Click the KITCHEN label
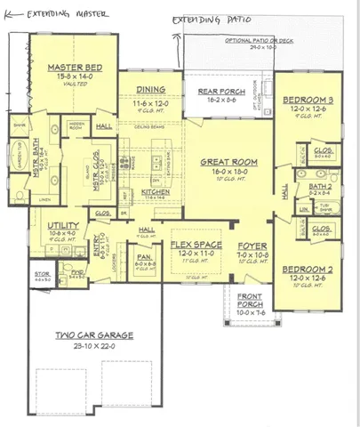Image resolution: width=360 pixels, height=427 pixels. coord(156,191)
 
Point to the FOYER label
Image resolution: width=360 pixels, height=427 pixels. coord(252,244)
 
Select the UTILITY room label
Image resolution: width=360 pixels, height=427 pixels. coord(63,227)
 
